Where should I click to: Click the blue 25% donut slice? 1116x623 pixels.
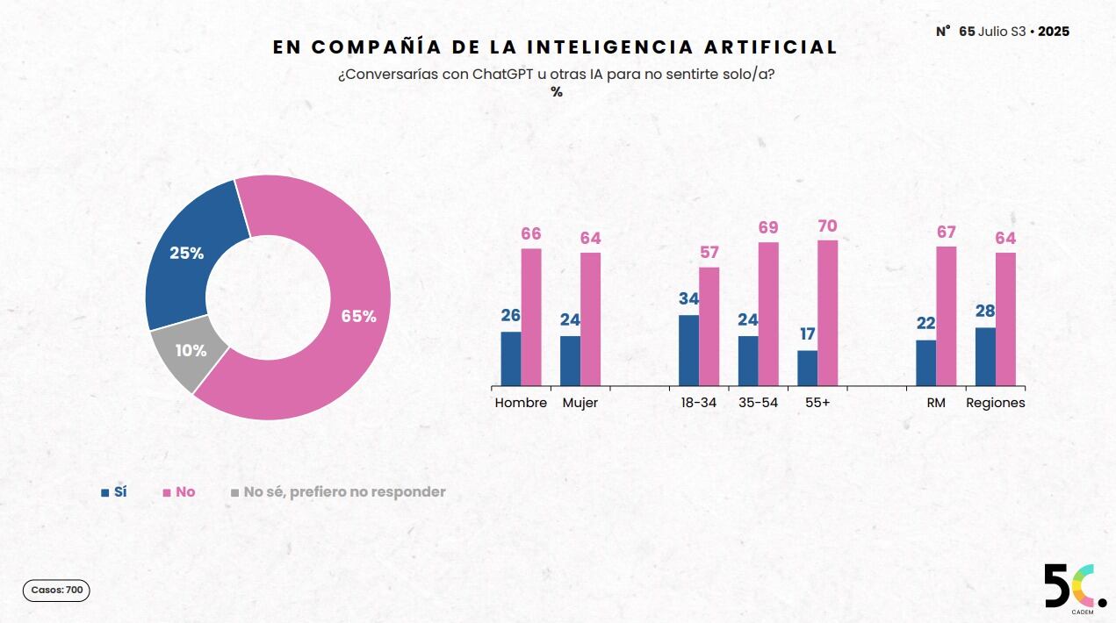tap(187, 253)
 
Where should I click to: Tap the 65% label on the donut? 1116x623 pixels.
tap(359, 316)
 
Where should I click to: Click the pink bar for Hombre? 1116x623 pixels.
tap(531, 318)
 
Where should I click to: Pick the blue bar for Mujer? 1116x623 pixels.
tap(570, 361)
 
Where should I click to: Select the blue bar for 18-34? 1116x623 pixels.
tap(688, 350)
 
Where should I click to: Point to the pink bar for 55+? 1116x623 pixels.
tap(827, 313)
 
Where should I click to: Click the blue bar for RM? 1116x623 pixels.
tap(925, 363)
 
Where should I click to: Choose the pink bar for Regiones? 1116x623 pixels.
tap(1005, 319)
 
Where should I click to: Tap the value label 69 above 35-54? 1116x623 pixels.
tap(768, 227)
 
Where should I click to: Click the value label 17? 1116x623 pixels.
tap(808, 333)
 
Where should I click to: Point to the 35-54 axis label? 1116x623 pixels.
tap(758, 403)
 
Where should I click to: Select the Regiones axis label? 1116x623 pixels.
tap(996, 403)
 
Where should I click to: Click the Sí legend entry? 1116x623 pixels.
tap(114, 492)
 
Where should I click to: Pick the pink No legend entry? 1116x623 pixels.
tap(179, 492)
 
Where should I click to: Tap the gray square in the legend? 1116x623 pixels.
tap(235, 493)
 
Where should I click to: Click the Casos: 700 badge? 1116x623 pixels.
tap(56, 591)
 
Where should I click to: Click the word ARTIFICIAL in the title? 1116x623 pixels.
tap(771, 47)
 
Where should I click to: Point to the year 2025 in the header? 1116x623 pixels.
tap(1054, 32)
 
